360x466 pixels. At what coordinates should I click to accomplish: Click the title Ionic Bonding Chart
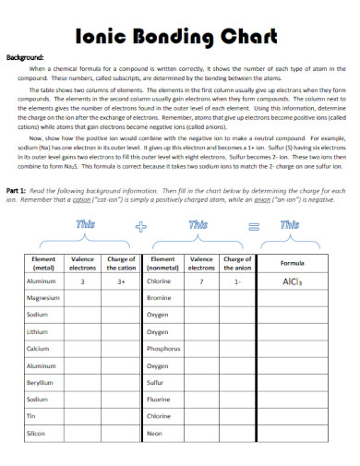coord(179,38)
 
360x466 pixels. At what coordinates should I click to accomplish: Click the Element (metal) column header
coord(44,263)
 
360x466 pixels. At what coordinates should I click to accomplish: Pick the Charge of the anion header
coord(237,263)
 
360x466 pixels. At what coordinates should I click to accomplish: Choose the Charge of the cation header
coord(121,263)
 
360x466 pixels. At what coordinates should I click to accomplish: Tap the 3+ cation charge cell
coord(121,281)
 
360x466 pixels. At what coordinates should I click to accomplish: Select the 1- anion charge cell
coord(237,281)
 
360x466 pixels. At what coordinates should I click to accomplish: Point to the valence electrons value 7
coord(200,281)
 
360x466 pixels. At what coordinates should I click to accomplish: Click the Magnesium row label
coord(43,299)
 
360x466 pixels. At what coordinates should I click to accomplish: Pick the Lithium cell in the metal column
coord(37,332)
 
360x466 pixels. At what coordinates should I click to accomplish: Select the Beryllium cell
coord(40,383)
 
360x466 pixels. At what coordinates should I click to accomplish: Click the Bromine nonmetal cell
coord(159,299)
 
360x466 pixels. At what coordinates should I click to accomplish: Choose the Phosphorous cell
coord(163,350)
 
